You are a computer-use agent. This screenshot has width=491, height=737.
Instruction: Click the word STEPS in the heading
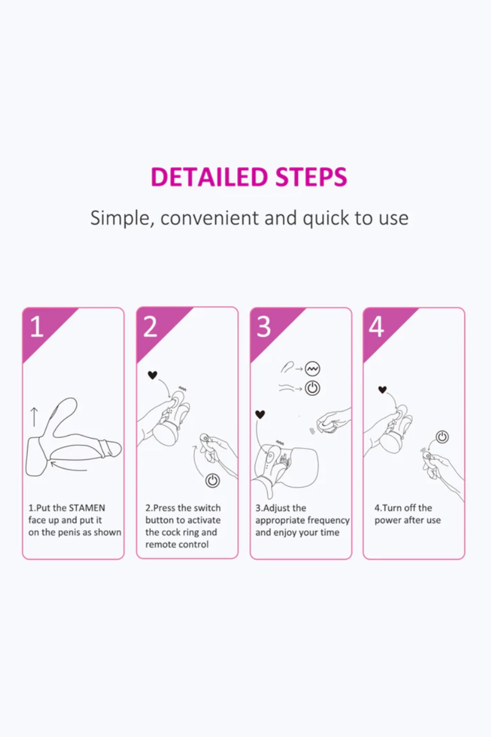312,177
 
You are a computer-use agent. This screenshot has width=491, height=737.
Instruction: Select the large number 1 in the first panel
36,327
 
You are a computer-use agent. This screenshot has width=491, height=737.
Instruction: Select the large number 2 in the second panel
150,327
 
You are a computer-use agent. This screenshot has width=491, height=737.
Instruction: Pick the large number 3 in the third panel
264,327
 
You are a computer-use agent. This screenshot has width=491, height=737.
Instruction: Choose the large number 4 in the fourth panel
376,327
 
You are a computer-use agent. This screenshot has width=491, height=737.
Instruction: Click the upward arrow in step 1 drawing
34,417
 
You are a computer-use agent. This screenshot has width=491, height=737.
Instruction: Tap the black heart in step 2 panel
153,375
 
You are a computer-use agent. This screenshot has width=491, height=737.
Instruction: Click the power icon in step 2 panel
212,481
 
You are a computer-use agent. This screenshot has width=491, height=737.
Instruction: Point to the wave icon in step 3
312,368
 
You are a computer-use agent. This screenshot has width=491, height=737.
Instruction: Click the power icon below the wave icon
312,388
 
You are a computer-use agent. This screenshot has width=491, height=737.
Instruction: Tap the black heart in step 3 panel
260,415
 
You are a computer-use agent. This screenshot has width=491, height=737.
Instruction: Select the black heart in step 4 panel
382,389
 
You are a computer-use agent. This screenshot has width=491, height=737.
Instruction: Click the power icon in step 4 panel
442,437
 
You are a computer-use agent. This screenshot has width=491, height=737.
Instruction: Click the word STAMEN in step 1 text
87,508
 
